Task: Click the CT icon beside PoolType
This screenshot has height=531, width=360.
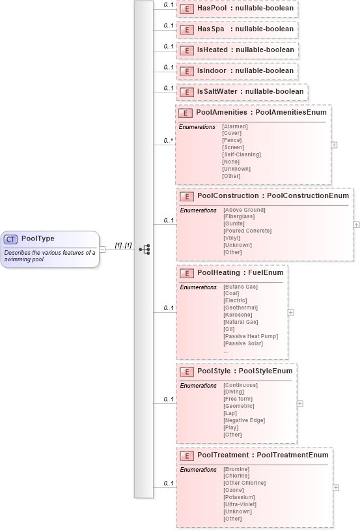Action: pos(11,238)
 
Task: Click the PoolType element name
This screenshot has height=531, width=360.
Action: pos(38,238)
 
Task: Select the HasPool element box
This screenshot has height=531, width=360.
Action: pos(237,8)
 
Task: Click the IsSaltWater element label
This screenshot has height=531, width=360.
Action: pos(250,92)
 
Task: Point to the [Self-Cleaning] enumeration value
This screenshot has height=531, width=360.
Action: pos(242,154)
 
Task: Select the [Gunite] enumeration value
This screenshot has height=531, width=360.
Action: pos(234,223)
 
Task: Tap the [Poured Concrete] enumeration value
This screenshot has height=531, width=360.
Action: pos(247,231)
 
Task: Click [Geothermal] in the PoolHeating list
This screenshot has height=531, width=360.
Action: pos(241,308)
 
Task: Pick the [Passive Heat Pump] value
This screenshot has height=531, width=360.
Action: pos(251,336)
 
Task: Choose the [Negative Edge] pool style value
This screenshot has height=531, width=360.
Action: pos(244,420)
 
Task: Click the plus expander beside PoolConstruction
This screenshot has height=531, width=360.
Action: pos(356,224)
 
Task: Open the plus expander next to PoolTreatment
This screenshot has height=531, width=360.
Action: pos(335,487)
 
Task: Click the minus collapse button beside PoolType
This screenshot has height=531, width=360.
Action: pos(102,249)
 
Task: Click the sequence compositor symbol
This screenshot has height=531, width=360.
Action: pos(144,249)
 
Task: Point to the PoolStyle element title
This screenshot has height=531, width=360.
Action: pos(245,371)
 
